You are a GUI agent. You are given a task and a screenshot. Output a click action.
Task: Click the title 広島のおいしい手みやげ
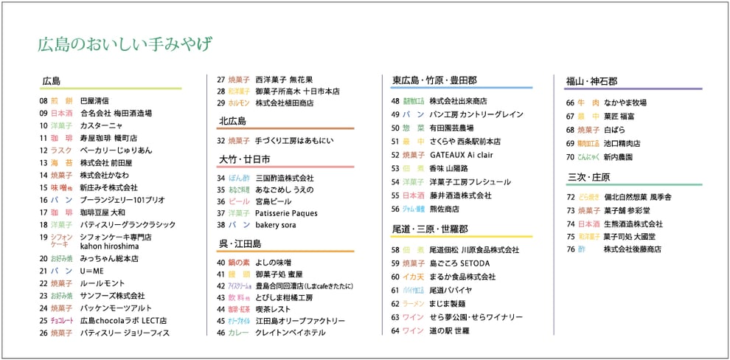[125, 44]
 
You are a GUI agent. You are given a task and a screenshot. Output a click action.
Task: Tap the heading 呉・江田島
[240, 243]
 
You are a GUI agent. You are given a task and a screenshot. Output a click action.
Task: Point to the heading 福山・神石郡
[591, 81]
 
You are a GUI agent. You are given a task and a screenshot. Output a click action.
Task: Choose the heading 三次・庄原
[588, 177]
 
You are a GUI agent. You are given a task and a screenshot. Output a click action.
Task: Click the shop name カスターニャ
[101, 126]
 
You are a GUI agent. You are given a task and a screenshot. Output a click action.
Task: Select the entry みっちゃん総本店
[109, 259]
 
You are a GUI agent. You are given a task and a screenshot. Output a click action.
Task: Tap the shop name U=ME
[91, 271]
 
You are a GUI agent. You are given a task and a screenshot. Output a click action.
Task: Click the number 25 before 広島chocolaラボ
[44, 321]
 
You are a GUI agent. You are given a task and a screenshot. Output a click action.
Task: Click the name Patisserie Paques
[287, 213]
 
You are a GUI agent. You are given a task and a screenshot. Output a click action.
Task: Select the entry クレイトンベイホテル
[290, 333]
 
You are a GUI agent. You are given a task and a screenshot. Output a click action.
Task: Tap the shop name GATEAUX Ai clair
[461, 155]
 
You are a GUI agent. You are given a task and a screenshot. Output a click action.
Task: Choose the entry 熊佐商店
[449, 209]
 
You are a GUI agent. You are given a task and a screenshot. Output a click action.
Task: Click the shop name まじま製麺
[448, 303]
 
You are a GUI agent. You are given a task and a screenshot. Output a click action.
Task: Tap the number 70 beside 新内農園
[570, 157]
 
